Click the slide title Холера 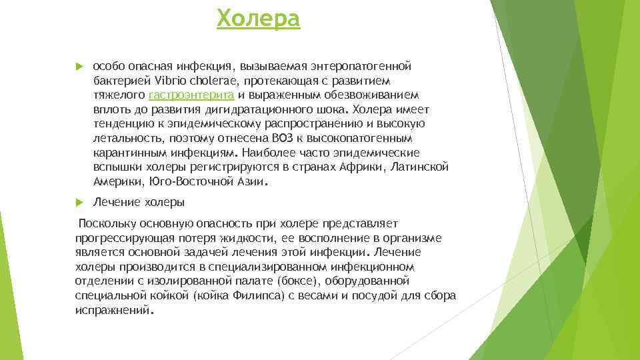pyautogui.click(x=259, y=19)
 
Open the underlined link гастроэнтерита pyautogui.click(x=191, y=95)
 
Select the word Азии pyautogui.click(x=247, y=181)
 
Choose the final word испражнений pyautogui.click(x=113, y=311)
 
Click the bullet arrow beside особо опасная pyautogui.click(x=79, y=67)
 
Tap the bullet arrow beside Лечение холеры pyautogui.click(x=79, y=202)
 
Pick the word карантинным pyautogui.click(x=125, y=153)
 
